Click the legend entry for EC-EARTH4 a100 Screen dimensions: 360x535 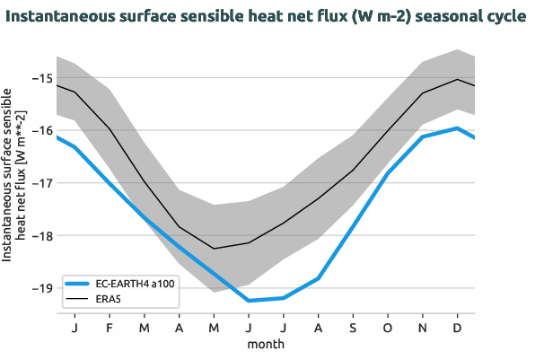[123, 283]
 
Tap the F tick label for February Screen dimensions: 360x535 [110, 328]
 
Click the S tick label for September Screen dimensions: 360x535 [353, 328]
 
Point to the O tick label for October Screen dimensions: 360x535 [388, 328]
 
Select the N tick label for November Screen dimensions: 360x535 [423, 328]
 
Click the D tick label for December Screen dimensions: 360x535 [458, 328]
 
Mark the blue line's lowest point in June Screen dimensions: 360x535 [249, 301]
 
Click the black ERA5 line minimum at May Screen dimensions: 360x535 [214, 249]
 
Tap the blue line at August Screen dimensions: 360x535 [318, 278]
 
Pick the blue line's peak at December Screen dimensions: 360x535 [458, 127]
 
